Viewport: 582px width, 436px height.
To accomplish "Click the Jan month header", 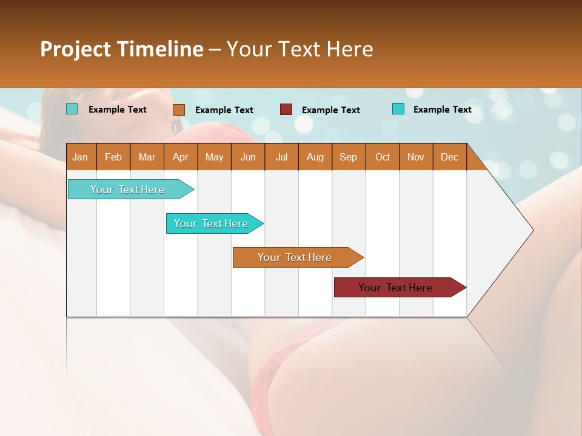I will pyautogui.click(x=80, y=157).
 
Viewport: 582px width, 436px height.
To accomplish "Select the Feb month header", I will pyautogui.click(x=113, y=157).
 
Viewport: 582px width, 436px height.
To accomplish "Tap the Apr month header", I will pyautogui.click(x=180, y=157).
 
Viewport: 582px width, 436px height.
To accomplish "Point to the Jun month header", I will pyautogui.click(x=248, y=157).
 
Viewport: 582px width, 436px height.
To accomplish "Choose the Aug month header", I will pyautogui.click(x=315, y=157).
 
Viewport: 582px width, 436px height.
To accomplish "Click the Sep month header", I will pyautogui.click(x=348, y=157).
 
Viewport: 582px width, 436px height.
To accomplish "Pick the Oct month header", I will pyautogui.click(x=383, y=157).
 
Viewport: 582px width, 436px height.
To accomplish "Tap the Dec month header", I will pyautogui.click(x=450, y=157).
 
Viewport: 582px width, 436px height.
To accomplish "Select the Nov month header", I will pyautogui.click(x=416, y=157).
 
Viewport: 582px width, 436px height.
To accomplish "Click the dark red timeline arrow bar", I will pyautogui.click(x=397, y=288).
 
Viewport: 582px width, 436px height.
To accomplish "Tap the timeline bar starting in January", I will pyautogui.click(x=128, y=190).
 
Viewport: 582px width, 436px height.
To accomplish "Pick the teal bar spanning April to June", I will pyautogui.click(x=212, y=223).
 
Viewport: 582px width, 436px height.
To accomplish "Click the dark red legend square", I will pyautogui.click(x=286, y=110).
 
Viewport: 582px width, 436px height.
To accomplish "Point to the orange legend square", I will pyautogui.click(x=179, y=110).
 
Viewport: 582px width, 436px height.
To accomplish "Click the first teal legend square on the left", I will pyautogui.click(x=72, y=109).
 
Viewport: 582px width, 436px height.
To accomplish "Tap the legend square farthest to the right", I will pyautogui.click(x=398, y=109).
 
